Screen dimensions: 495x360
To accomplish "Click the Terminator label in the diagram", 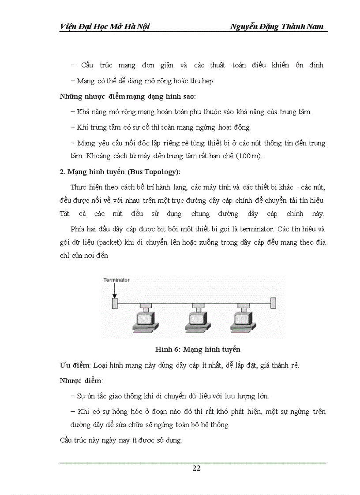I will click(116, 280).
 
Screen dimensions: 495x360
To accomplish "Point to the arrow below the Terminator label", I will click(114, 290).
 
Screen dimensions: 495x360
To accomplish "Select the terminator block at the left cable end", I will click(115, 303).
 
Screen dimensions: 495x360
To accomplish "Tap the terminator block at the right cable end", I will click(273, 303).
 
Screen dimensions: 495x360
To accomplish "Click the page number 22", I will click(197, 469).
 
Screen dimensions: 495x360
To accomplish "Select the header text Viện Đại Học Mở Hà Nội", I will click(105, 27).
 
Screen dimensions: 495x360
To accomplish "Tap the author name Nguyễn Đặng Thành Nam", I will click(277, 27).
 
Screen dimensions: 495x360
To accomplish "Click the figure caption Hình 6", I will click(198, 350).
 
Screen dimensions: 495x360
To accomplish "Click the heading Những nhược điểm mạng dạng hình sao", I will click(127, 96).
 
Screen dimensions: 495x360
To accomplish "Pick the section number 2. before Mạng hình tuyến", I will click(62, 171).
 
